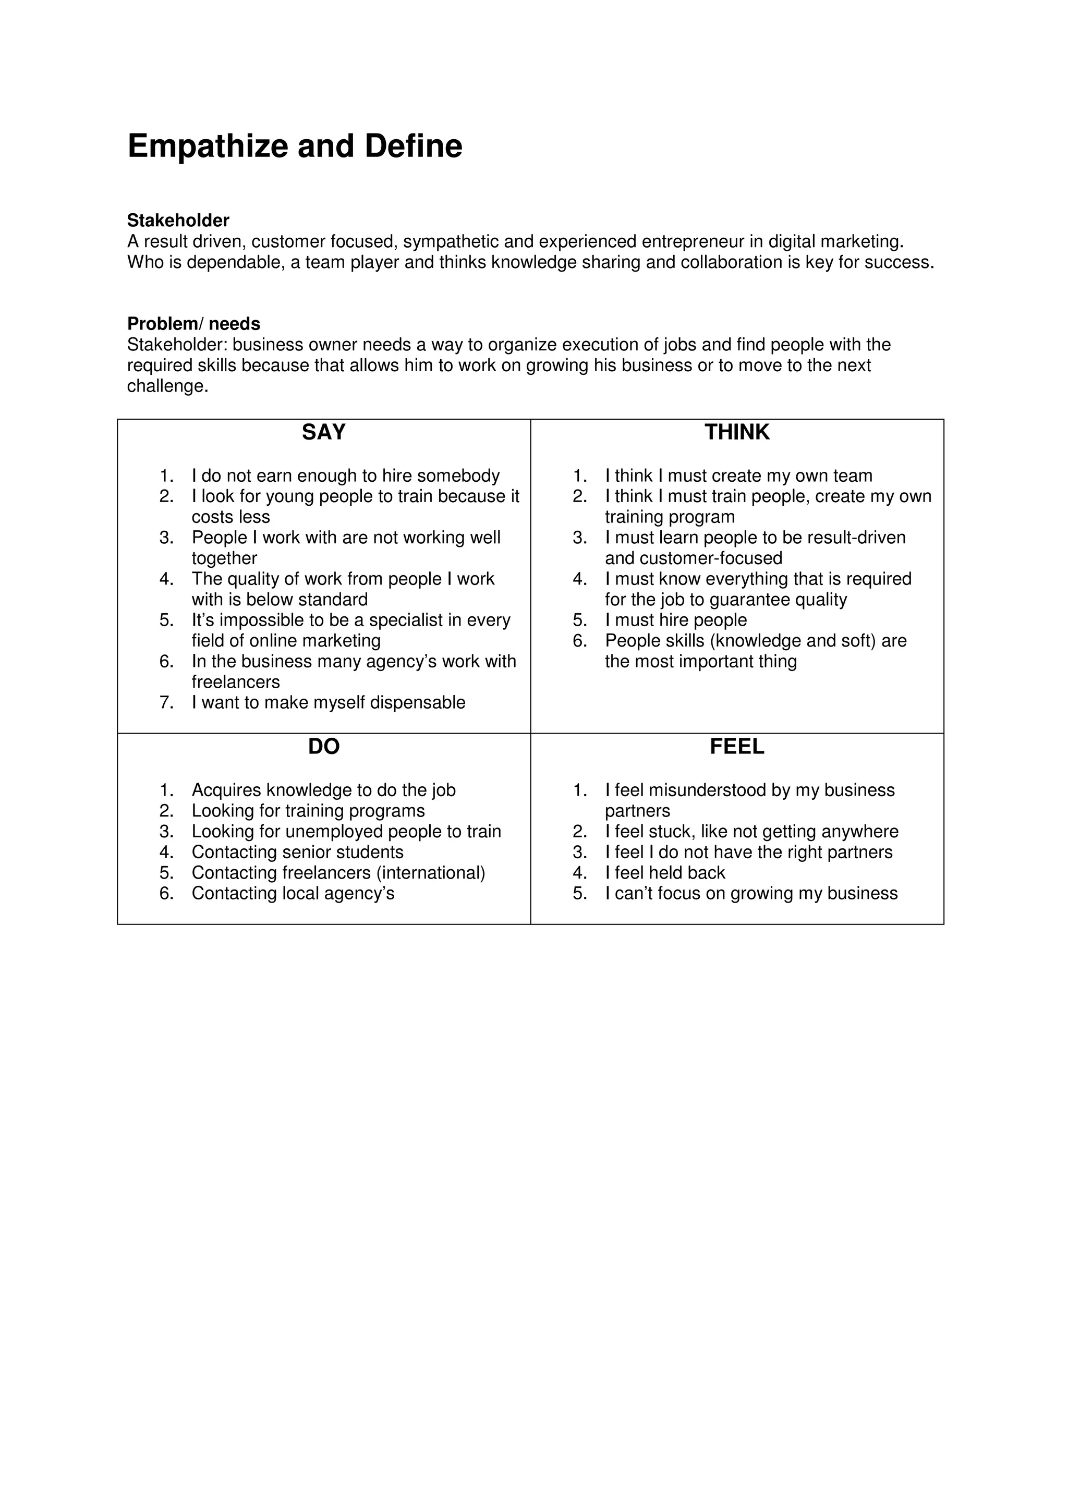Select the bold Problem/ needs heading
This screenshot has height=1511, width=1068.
tap(193, 324)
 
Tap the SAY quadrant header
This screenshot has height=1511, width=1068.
tap(323, 432)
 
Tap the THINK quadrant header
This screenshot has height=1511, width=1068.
tap(736, 432)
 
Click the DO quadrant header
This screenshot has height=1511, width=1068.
tap(323, 747)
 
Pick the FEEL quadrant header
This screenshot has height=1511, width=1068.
tap(736, 747)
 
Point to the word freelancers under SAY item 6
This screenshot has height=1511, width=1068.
tap(236, 683)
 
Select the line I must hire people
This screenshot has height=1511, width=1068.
tap(676, 620)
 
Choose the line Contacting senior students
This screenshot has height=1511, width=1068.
tap(297, 852)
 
